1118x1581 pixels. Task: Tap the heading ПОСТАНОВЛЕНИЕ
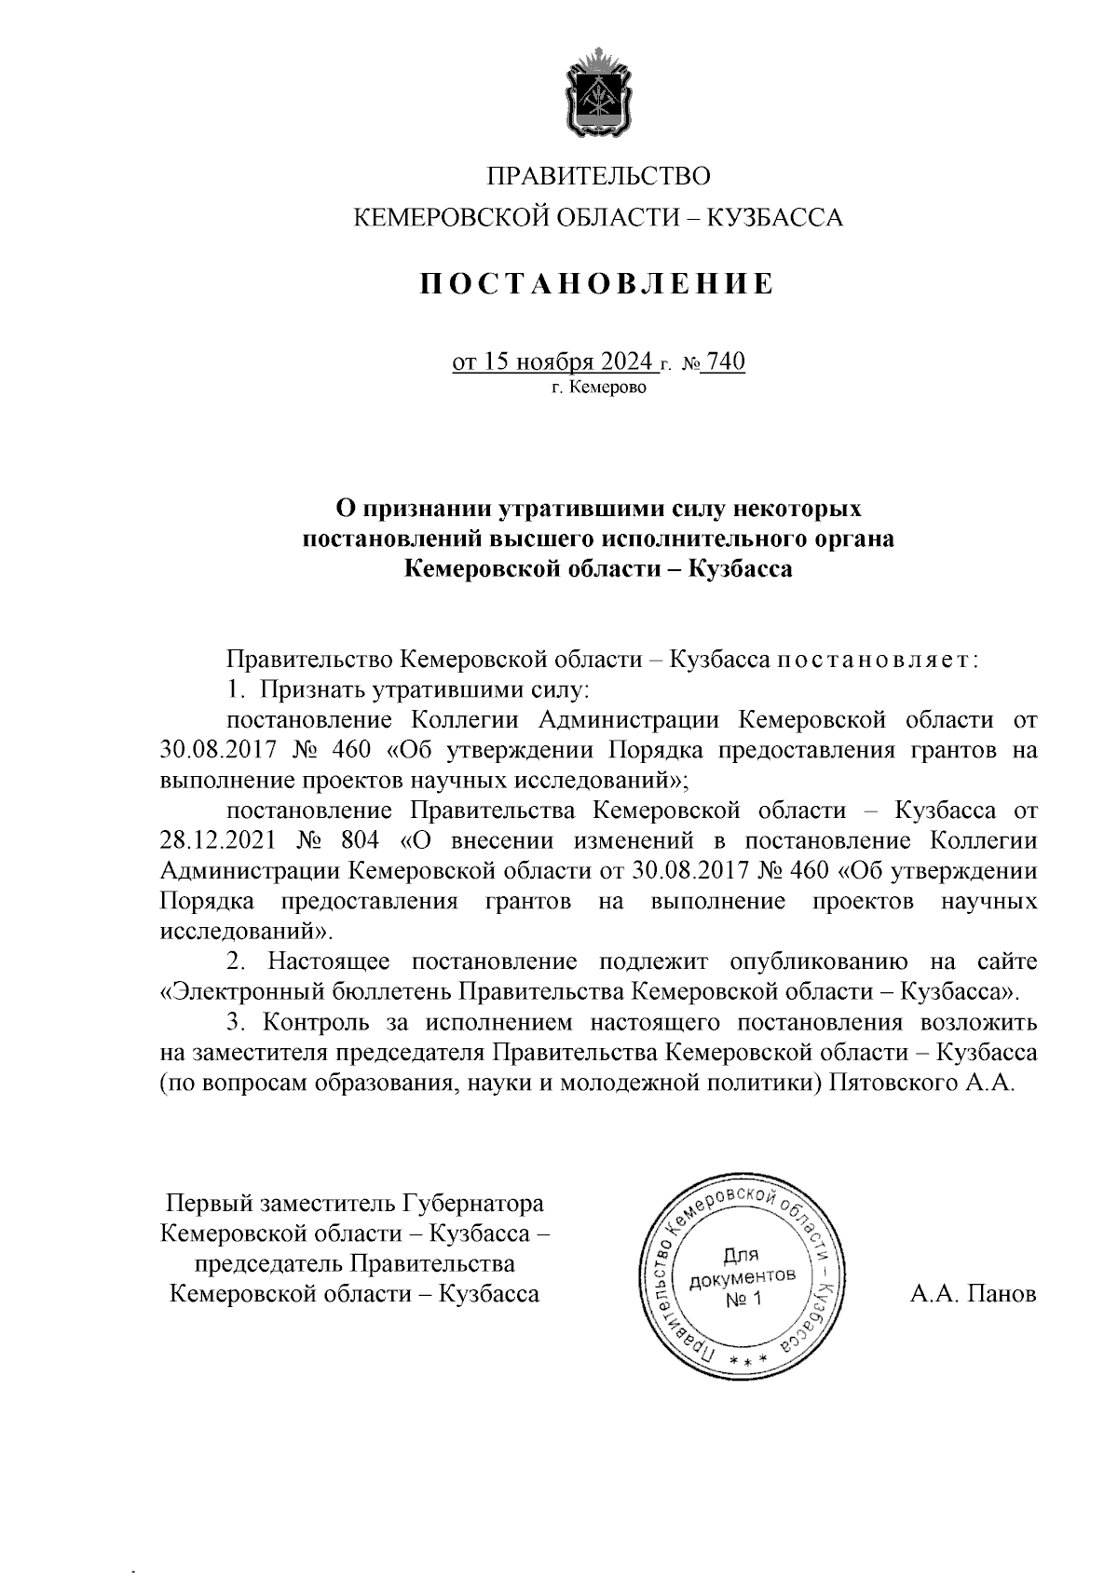pos(595,283)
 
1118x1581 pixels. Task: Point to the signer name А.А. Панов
pos(974,1294)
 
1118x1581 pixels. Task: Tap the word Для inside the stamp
pos(742,1254)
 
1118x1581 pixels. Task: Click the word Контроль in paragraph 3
pos(320,1022)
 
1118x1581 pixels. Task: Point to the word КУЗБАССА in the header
pos(775,219)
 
